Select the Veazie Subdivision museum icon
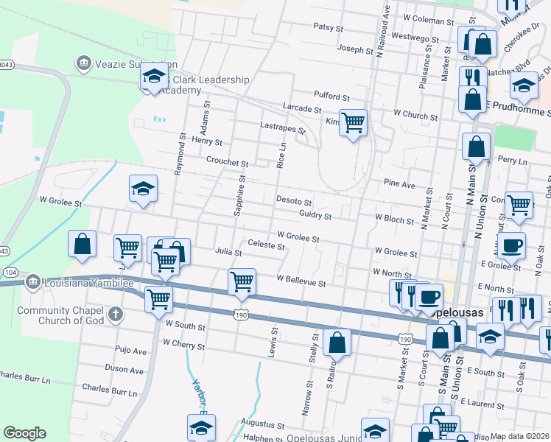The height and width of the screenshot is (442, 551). pos(83,63)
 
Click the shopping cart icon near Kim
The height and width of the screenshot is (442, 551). pos(354,123)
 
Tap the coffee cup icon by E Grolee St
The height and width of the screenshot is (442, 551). pos(511,245)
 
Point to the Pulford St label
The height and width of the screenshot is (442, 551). pos(331,97)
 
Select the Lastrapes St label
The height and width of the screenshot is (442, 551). pos(283,127)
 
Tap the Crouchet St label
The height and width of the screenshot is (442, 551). pos(228,162)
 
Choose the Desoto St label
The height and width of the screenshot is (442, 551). pos(294,201)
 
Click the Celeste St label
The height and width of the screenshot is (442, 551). pos(266,245)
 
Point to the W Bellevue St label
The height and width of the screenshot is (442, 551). pos(301,280)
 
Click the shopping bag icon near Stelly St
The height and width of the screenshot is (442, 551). pos(337,342)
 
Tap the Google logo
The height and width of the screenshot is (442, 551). pos(24,433)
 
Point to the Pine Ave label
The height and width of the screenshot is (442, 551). pos(399,183)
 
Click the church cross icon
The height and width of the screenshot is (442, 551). pos(115,315)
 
